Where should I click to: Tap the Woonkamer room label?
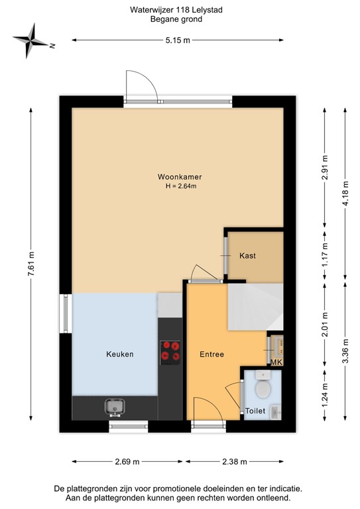coord(179,177)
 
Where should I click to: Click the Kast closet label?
coord(248,255)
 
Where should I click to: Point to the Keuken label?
coord(120,354)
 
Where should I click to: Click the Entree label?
coord(211,354)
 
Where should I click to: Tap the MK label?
coord(276,363)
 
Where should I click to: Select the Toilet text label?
coord(255,411)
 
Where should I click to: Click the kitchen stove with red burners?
coord(170,351)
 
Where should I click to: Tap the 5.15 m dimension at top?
coord(177,40)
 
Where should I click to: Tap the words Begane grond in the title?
coord(176,20)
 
